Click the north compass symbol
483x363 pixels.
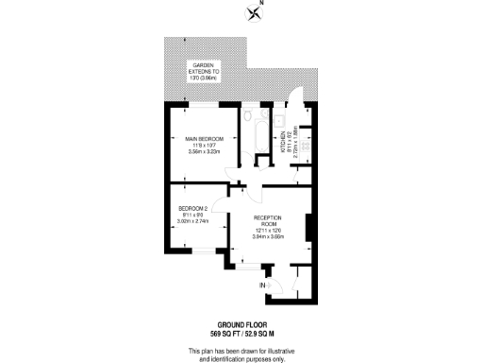(254, 12)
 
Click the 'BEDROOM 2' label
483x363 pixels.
(193, 209)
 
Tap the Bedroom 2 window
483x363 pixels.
(200, 251)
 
